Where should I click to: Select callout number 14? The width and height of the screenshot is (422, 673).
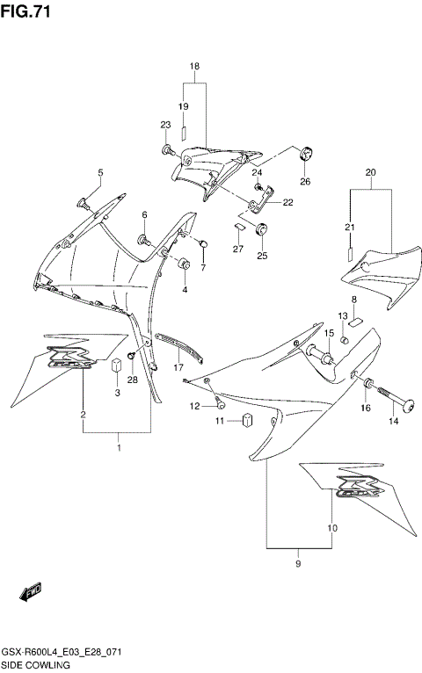click(x=394, y=422)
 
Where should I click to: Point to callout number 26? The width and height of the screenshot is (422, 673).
click(x=305, y=182)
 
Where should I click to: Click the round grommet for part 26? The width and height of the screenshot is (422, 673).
click(x=306, y=155)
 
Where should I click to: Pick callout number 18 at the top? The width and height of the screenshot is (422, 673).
click(x=194, y=67)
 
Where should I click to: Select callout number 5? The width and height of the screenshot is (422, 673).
click(x=100, y=172)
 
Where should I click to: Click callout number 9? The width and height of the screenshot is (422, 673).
click(x=298, y=563)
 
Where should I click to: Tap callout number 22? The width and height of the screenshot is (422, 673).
click(x=287, y=202)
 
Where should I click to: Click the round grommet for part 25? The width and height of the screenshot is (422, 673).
click(x=261, y=231)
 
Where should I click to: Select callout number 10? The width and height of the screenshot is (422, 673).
click(x=332, y=528)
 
